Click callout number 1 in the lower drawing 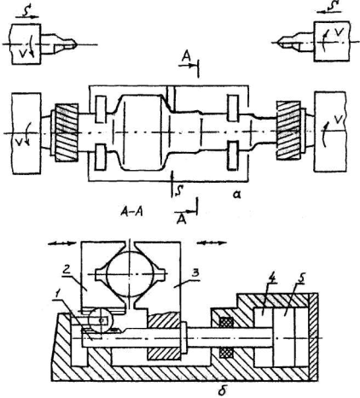(57, 298)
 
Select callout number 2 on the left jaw (67, 270)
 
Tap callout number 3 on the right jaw (195, 272)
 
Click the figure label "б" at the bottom (223, 390)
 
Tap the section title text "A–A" (131, 212)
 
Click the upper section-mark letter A (186, 56)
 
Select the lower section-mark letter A (182, 219)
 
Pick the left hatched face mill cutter (67, 132)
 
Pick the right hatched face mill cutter (288, 130)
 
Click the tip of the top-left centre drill (76, 44)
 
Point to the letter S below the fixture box (177, 191)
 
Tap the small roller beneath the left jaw (102, 320)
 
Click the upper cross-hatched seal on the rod (226, 323)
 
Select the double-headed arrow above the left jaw (62, 243)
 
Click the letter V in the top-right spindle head (338, 32)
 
